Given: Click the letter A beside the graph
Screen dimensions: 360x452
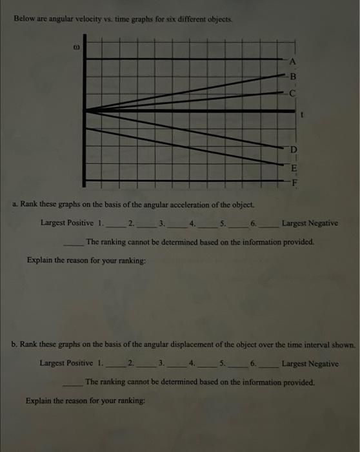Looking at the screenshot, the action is point(292,62).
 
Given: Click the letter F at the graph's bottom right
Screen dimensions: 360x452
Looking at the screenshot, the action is point(295,181).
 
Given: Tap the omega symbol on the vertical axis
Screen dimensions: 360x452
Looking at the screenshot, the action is point(75,46).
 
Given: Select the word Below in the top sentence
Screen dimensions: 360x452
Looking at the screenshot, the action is point(25,19).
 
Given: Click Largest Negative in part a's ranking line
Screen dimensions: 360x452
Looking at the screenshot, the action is point(310,223).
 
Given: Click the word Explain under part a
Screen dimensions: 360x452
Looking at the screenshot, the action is point(40,260).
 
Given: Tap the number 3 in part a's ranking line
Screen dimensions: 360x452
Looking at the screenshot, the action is point(162,224).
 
